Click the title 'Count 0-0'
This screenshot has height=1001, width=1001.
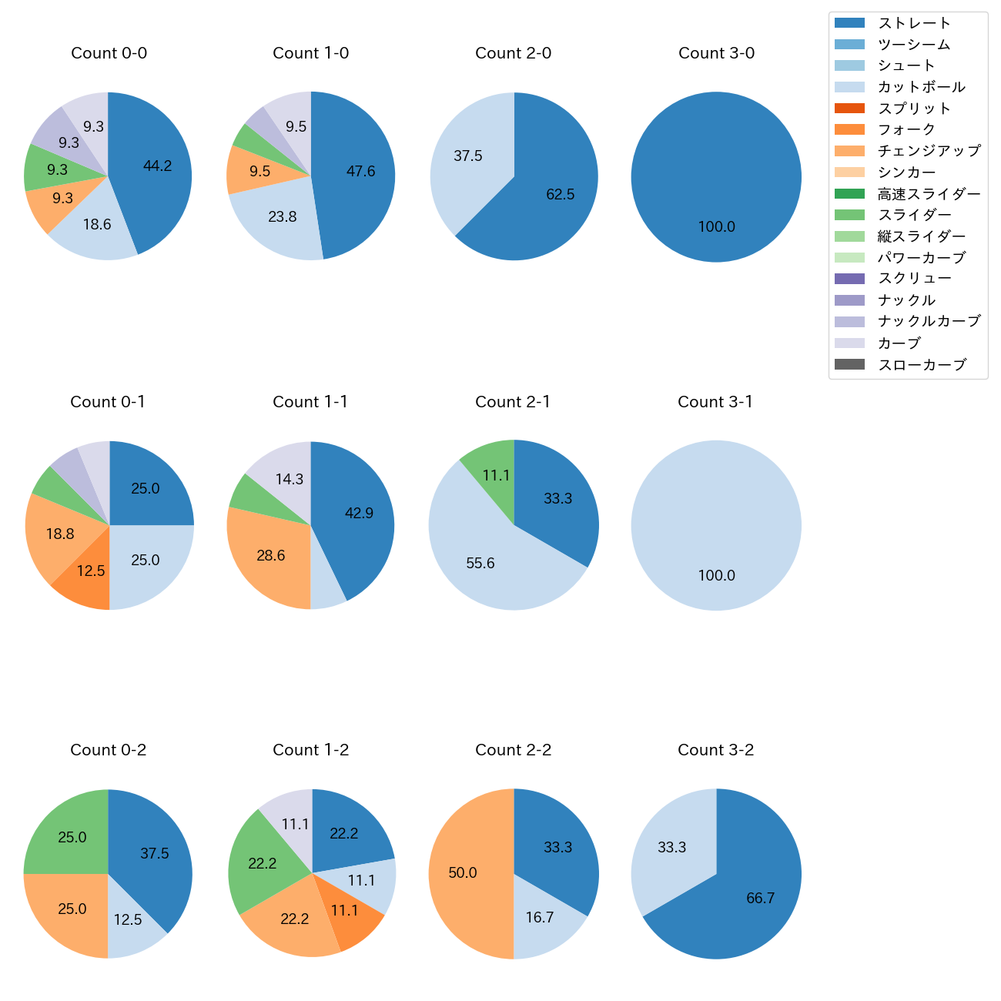tap(109, 53)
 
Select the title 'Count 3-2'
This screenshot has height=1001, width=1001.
tap(715, 750)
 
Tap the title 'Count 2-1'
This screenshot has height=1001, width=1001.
tap(513, 402)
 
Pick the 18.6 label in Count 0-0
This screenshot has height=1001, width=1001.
tap(97, 225)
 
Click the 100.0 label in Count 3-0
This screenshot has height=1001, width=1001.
tap(716, 227)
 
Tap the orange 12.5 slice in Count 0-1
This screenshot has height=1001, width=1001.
tap(91, 571)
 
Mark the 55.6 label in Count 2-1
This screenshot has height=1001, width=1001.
tap(480, 564)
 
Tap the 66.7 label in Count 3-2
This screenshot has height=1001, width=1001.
tap(760, 899)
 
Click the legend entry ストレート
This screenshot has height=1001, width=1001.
tap(914, 23)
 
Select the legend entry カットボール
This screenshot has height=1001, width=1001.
tap(921, 87)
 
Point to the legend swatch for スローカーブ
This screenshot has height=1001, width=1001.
tap(849, 364)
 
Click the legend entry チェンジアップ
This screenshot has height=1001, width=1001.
tap(929, 151)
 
